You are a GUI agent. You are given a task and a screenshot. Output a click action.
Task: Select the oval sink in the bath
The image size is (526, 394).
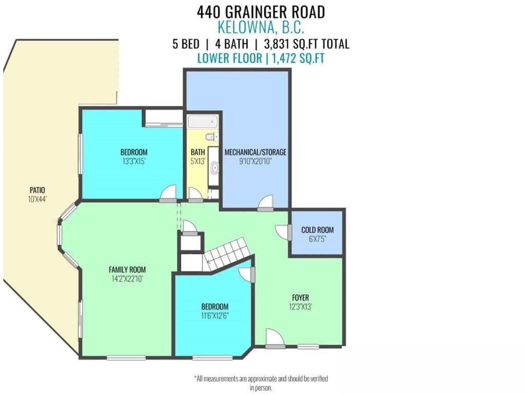click(x=214, y=168)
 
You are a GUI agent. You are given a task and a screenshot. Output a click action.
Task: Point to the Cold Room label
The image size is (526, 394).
click(x=317, y=230)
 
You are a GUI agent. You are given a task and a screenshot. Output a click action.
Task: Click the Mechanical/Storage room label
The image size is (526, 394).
click(x=255, y=152)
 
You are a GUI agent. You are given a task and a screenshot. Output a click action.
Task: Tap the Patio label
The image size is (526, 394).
click(x=37, y=190)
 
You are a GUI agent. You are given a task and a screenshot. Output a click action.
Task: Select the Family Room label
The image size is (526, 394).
click(x=127, y=269)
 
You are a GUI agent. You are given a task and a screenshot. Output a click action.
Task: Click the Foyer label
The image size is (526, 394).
click(x=300, y=298)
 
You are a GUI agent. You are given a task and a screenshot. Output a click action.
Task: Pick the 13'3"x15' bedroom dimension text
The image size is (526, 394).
click(x=134, y=161)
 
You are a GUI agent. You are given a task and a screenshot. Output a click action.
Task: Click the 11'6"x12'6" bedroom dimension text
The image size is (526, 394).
click(x=214, y=316)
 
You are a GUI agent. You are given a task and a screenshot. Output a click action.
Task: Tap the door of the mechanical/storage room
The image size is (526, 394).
click(x=266, y=204)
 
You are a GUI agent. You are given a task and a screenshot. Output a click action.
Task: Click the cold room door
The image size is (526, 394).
click(x=284, y=232)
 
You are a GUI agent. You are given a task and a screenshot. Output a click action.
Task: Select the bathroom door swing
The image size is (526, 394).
click(x=195, y=194)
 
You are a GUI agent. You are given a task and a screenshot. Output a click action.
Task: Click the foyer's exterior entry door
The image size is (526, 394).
click(x=275, y=339)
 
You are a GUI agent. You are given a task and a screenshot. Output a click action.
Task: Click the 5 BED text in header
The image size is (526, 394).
click(x=185, y=44)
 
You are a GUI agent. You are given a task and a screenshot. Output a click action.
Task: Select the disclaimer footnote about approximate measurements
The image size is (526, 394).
click(x=261, y=383)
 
